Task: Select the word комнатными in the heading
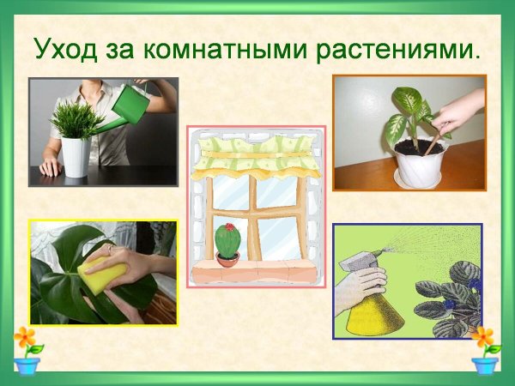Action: click(x=197, y=49)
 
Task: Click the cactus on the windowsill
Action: click(x=227, y=241)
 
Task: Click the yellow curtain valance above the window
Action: click(x=257, y=155)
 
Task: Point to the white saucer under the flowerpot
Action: click(x=421, y=176)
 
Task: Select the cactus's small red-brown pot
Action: click(x=227, y=259)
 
